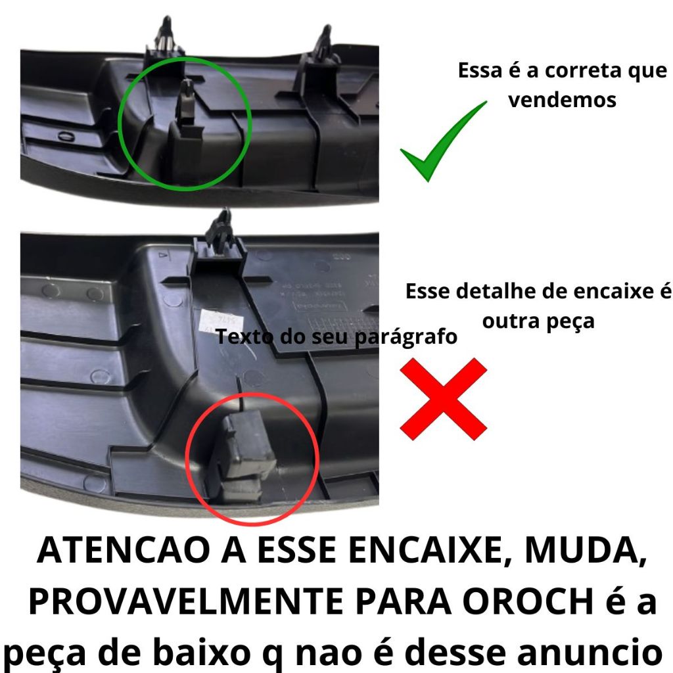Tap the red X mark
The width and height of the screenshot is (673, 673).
[444, 399]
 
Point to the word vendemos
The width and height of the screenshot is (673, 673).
[563, 100]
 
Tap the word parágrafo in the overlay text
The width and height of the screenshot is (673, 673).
[406, 337]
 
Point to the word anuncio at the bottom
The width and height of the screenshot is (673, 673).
[589, 652]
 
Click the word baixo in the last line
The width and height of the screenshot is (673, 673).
[201, 652]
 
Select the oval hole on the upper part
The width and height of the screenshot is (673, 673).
[66, 137]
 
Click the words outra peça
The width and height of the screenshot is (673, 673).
[538, 321]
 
